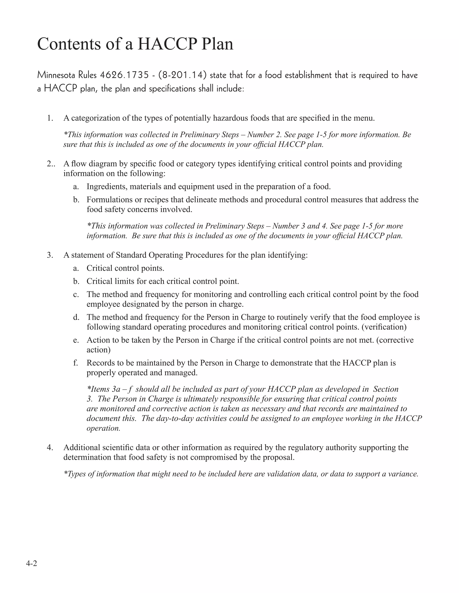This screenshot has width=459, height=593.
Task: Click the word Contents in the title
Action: pos(69,44)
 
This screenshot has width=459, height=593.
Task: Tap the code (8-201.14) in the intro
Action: pos(182,75)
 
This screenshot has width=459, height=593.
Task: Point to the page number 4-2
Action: pos(32,564)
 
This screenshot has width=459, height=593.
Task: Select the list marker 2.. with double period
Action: pos(51,164)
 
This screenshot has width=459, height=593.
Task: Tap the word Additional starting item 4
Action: pos(81,448)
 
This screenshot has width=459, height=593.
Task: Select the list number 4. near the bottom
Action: pos(50,448)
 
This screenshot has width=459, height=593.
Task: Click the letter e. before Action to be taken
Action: pos(76,340)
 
